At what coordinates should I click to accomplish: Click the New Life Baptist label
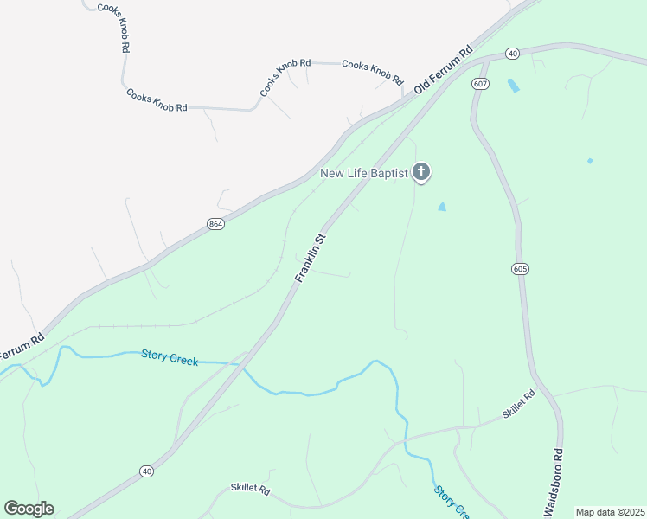click(363, 174)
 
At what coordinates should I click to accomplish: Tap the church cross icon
click(421, 173)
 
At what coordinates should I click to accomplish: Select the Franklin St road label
click(311, 257)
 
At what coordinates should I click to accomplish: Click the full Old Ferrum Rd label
click(445, 68)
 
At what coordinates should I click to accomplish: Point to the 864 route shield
click(215, 224)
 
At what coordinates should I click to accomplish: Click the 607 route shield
click(481, 83)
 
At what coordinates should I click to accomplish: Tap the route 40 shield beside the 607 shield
click(513, 54)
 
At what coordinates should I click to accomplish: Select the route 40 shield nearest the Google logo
click(147, 471)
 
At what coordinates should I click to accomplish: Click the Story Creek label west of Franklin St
click(170, 357)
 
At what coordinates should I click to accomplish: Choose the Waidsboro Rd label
click(554, 483)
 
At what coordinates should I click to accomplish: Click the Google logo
click(29, 509)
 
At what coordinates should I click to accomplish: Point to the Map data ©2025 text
click(610, 512)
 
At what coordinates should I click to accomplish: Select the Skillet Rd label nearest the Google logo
click(251, 490)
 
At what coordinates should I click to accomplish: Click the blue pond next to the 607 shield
click(514, 86)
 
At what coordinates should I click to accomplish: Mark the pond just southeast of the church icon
click(443, 207)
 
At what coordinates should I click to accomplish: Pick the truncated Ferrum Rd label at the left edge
click(21, 347)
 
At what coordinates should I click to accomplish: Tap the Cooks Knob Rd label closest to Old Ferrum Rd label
click(373, 71)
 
